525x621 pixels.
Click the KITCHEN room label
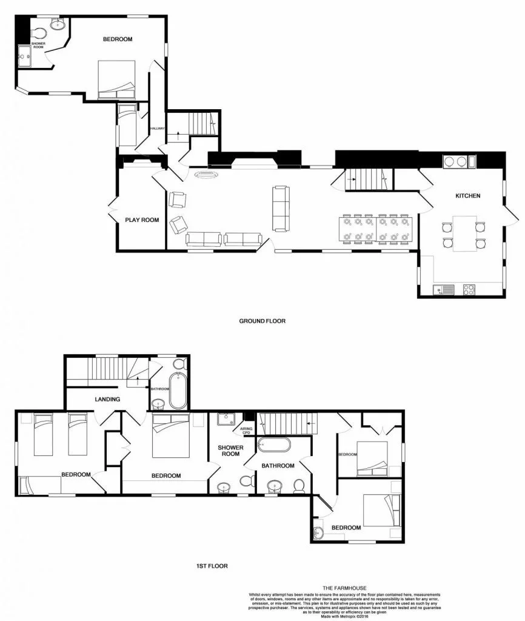pos(468,196)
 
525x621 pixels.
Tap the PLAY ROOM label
pos(142,220)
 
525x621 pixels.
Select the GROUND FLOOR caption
pos(262,321)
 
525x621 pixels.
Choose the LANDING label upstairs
pos(107,399)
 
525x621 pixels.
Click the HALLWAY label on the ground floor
pos(158,129)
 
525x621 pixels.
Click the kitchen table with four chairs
pos(464,233)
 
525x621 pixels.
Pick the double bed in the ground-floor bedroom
pos(116,79)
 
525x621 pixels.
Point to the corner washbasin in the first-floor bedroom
pos(320,534)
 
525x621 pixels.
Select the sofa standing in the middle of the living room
pos(281,209)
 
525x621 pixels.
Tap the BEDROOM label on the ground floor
pos(117,39)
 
